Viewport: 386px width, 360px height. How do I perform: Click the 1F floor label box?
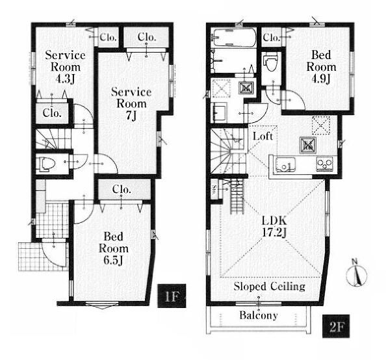[172, 296]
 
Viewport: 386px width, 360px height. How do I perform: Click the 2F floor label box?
[336, 326]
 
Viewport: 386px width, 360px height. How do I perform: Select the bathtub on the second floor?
[234, 38]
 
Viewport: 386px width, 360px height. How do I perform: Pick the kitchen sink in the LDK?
[285, 164]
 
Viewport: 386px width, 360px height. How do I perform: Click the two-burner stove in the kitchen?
[325, 164]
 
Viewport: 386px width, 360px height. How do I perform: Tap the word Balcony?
[259, 315]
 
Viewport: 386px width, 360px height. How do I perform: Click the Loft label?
[263, 136]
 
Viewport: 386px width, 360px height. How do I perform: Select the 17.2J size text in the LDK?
[274, 232]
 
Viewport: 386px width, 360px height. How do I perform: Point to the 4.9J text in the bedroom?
[320, 79]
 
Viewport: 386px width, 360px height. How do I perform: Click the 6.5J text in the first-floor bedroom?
[113, 261]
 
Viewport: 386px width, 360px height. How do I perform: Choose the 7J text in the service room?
[131, 115]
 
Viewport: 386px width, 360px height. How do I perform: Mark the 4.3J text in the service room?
[65, 79]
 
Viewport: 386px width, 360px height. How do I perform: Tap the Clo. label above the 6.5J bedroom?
[122, 190]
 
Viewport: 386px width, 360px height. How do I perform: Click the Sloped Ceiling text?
[269, 287]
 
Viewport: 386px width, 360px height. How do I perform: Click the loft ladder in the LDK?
[237, 196]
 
